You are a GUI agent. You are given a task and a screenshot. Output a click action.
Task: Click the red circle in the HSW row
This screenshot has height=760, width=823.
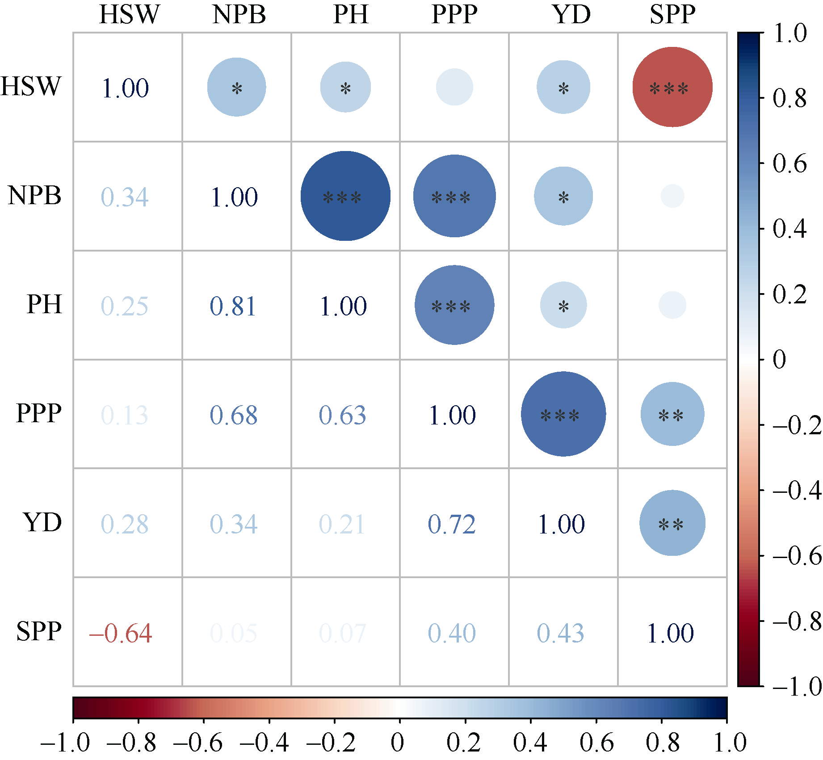pos(672,87)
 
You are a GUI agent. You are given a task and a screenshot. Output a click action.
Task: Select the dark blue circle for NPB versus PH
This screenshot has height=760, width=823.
pos(345,196)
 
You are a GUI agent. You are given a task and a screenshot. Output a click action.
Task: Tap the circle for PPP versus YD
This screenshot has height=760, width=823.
pos(563,414)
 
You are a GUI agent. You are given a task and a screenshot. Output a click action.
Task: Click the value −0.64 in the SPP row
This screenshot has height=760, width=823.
pos(121,633)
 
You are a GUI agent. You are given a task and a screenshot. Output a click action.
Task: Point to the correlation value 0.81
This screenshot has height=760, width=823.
pos(233,306)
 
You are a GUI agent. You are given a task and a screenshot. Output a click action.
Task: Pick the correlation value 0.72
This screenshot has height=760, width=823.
pos(451,524)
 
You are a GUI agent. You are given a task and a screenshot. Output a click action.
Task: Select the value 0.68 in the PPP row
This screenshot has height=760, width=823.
pos(233,415)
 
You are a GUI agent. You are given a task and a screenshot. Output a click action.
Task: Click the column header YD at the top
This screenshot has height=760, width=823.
pos(571,14)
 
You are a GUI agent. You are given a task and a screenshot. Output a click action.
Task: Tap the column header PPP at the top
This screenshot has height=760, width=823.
pos(454,14)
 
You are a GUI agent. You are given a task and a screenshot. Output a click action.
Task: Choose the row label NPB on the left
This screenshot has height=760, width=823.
pos(34,196)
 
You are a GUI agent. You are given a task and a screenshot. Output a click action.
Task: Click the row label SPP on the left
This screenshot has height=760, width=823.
pos(39,632)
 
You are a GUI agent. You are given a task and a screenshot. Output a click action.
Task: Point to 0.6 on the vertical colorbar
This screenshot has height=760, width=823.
pos(789,164)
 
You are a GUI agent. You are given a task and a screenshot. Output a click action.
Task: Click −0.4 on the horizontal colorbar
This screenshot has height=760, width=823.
pos(265,742)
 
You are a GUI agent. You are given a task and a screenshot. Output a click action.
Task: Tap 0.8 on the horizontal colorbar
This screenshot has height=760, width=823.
pos(663,742)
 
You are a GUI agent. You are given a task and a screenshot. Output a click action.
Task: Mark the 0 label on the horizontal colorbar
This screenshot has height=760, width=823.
pos(397,742)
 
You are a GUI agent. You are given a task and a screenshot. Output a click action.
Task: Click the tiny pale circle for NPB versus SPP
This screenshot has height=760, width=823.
pos(672,196)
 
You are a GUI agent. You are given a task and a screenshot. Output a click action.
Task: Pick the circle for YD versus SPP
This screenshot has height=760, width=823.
pos(672,523)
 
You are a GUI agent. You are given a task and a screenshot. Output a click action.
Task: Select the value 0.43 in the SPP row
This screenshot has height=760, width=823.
pos(560,633)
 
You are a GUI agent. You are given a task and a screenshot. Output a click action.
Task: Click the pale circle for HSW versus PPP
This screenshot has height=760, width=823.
pos(454,87)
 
